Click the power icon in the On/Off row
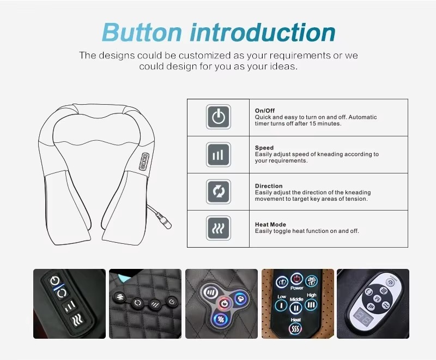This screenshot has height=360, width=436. tap(219, 117)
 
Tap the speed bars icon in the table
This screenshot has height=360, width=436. tap(219, 154)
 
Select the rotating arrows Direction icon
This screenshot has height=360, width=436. tap(219, 191)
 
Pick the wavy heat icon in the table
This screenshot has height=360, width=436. tap(219, 228)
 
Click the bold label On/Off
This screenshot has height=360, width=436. tap(265, 110)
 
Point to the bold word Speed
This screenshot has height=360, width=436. tap(264, 148)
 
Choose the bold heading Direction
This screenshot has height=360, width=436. tap(269, 186)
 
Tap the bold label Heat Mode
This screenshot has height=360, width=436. tap(270, 225)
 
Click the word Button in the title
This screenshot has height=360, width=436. tap(142, 32)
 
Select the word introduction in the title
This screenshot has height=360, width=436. tap(263, 32)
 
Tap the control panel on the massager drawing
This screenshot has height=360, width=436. tap(144, 161)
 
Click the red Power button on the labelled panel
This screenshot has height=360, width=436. tap(296, 279)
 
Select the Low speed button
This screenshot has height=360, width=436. tap(281, 305)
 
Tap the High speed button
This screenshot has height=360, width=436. tap(311, 305)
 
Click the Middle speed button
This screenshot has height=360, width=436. tap(296, 308)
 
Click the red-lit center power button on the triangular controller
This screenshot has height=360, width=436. tap(225, 303)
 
